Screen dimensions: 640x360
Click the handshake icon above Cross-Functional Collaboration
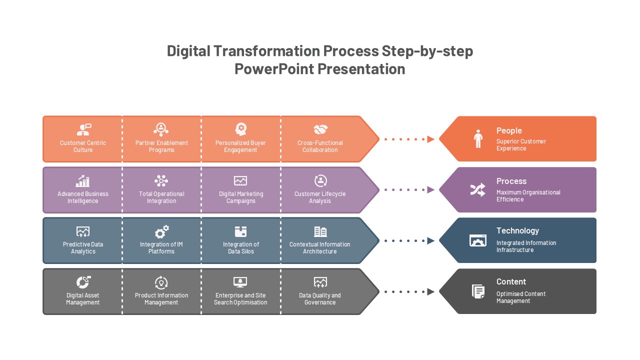[x=320, y=129]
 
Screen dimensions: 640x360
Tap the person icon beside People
[x=478, y=139]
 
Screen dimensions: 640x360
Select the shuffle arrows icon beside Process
[x=477, y=189]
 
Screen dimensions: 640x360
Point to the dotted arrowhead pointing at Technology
[x=430, y=241]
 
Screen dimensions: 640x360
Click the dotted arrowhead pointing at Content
[x=430, y=291]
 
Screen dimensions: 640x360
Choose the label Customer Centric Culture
[x=83, y=146]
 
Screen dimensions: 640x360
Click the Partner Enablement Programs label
[x=161, y=146]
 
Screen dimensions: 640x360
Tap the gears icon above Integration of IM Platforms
[x=161, y=231]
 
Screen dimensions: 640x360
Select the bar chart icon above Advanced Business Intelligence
[x=82, y=181]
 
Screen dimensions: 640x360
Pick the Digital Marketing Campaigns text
[x=241, y=197]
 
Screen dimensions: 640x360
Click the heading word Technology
[x=517, y=230]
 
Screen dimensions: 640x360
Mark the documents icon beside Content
[x=478, y=291]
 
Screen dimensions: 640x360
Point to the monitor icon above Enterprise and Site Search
[x=240, y=282]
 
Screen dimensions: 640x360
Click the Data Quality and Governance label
[x=319, y=299]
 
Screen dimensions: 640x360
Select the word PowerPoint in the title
[x=274, y=69]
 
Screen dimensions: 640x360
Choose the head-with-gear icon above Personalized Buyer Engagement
[x=240, y=129]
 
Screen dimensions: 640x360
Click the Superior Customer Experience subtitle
[x=521, y=145]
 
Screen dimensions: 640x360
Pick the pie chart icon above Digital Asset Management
[x=83, y=282]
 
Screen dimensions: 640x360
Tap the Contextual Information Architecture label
[x=319, y=247]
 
